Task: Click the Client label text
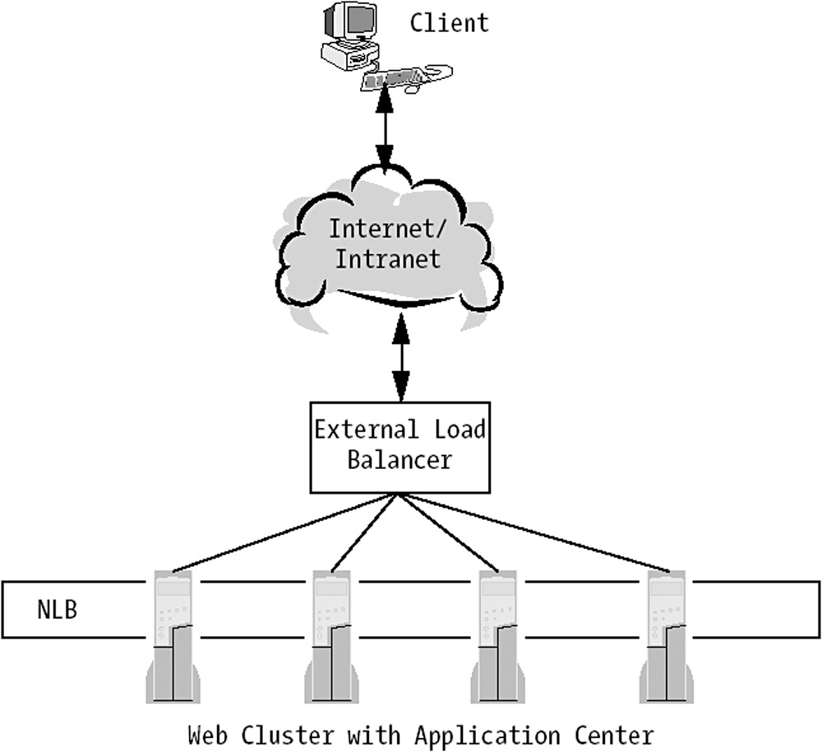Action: pos(449,22)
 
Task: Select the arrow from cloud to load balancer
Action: pos(401,355)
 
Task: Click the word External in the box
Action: pos(356,429)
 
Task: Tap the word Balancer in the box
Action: pos(399,459)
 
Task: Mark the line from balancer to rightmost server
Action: pos(534,532)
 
